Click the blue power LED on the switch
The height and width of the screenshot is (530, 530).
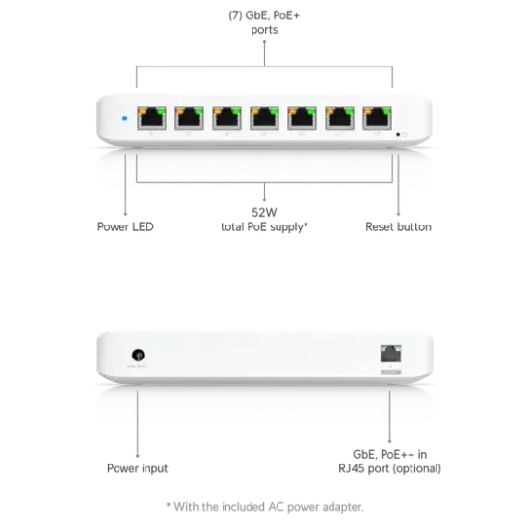pyautogui.click(x=124, y=119)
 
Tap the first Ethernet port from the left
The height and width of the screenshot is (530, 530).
pyautogui.click(x=151, y=119)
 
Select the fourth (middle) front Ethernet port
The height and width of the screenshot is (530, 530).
pyautogui.click(x=264, y=119)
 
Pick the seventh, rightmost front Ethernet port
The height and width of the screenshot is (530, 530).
pyautogui.click(x=377, y=119)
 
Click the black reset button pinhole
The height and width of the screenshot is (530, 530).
pyautogui.click(x=398, y=135)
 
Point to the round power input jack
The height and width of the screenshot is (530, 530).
pyautogui.click(x=138, y=355)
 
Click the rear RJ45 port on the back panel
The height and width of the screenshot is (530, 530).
pyautogui.click(x=390, y=354)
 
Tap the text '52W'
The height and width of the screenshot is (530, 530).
pyautogui.click(x=264, y=213)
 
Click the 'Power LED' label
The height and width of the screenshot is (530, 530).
pyautogui.click(x=125, y=226)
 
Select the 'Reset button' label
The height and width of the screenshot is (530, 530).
pyautogui.click(x=398, y=226)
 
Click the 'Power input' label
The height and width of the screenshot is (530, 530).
pyautogui.click(x=137, y=468)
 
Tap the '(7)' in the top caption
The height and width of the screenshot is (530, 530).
pyautogui.click(x=235, y=15)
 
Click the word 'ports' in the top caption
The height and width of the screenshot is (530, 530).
pyautogui.click(x=264, y=30)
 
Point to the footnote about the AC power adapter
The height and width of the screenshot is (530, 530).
pyautogui.click(x=265, y=507)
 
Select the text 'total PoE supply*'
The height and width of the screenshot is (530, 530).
pyautogui.click(x=264, y=227)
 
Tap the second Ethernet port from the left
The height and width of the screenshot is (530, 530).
pyautogui.click(x=189, y=119)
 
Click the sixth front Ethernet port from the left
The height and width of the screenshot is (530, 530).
pyautogui.click(x=340, y=119)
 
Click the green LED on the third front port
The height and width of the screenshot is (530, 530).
pyautogui.click(x=236, y=110)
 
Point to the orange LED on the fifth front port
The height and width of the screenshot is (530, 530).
pyautogui.click(x=293, y=110)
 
